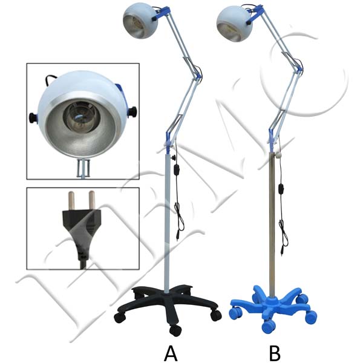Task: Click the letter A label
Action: (171, 350)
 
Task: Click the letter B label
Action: (274, 350)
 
